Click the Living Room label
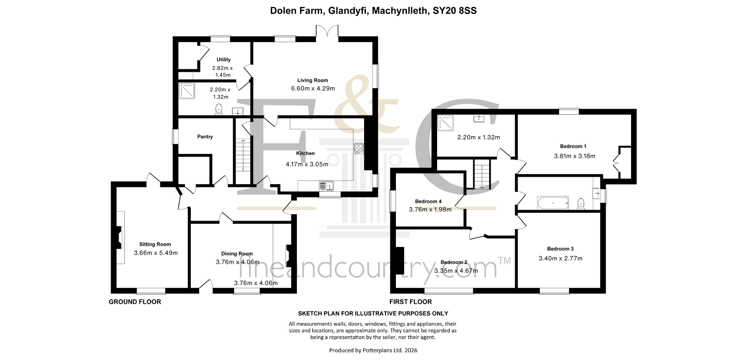[313, 80]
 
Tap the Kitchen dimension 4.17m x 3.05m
[307, 164]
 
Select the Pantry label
[205, 137]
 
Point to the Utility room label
[223, 60]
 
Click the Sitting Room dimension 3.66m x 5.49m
[156, 253]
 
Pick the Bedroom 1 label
[573, 146]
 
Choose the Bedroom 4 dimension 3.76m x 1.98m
[430, 209]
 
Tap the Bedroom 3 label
[560, 249]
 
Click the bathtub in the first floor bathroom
[553, 203]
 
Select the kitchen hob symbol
[358, 148]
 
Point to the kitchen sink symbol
[326, 186]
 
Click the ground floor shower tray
[187, 90]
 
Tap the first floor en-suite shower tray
[445, 122]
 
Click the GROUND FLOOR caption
[135, 302]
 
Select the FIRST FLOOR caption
[411, 302]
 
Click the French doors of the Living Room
[327, 32]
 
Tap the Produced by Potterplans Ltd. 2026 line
[373, 350]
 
